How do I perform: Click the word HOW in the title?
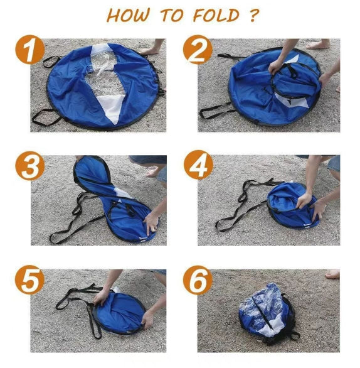point(129,15)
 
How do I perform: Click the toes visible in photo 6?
point(332,274)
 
